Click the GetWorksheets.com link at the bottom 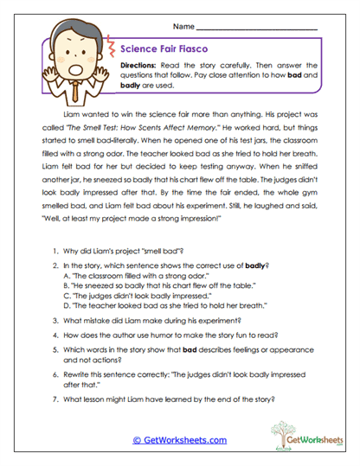[x=179, y=440]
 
